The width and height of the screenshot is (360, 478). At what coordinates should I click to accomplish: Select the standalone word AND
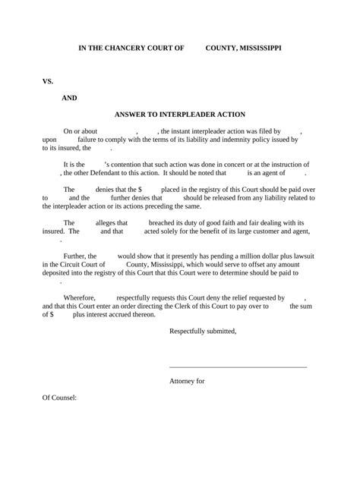[x=69, y=98]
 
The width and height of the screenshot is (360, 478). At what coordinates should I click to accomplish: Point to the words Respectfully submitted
[x=203, y=331]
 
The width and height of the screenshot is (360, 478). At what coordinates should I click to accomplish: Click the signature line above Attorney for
[x=238, y=367]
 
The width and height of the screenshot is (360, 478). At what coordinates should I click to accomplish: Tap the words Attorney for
[x=186, y=382]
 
